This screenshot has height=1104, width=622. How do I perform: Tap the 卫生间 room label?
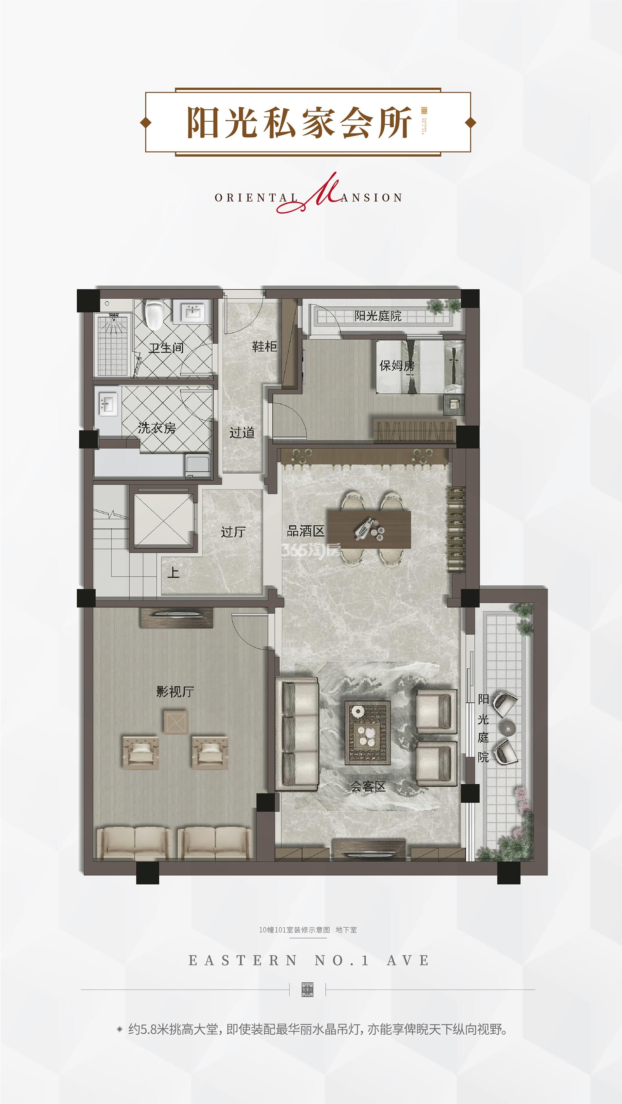(166, 348)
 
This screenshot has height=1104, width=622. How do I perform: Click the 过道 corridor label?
(242, 432)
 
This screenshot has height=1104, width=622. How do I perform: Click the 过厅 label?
(233, 532)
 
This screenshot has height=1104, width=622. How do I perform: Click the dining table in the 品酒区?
(369, 529)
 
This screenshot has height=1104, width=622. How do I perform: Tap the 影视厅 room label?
(175, 691)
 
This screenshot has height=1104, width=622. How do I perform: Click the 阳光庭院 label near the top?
(378, 316)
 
